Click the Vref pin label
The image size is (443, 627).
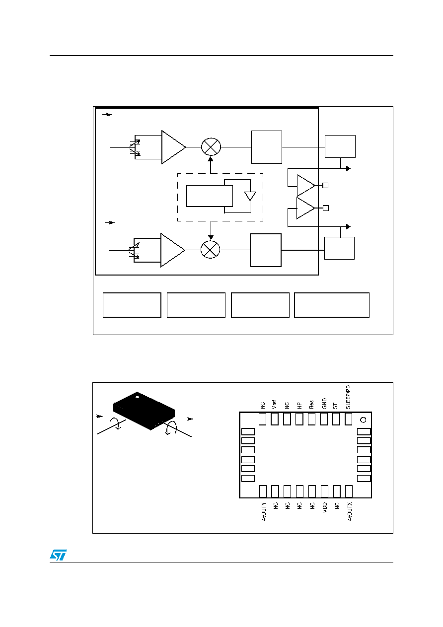pos(274,405)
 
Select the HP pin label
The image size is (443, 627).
pos(299,406)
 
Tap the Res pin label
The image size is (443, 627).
pos(311,405)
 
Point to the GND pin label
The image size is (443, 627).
pos(324,404)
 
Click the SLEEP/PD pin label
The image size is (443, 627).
pos(348,397)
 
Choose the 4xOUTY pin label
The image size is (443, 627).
pos(264,511)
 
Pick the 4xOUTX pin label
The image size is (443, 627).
pos(350,511)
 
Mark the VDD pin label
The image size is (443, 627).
pos(325,507)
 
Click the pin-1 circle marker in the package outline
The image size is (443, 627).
pos(363,420)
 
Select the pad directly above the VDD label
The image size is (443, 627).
pos(324,491)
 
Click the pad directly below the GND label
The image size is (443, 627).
pos(324,419)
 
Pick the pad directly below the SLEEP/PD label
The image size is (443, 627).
pos(348,419)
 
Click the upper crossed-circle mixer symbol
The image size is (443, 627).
pos(211,146)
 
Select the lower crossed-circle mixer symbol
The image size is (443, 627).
pos(210,249)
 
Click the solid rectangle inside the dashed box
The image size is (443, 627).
pos(210,196)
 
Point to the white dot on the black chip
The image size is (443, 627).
pos(137,397)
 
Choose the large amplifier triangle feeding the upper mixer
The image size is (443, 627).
pos(173,147)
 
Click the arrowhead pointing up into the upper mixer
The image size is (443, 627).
pos(211,159)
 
